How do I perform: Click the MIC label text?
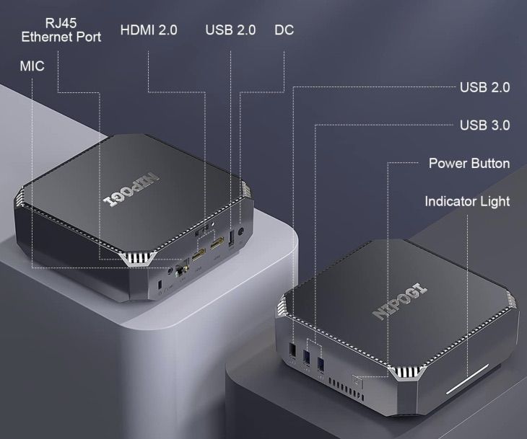coord(32,66)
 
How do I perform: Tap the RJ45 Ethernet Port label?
coord(61,30)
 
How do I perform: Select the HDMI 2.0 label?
coord(149,30)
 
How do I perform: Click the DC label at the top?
coord(284,30)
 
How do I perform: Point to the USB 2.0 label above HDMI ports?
coord(230,30)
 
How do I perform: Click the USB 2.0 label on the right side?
coord(484,87)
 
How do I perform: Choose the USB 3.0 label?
coord(484,125)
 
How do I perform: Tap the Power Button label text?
coord(469,163)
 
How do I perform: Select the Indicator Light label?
coord(467,201)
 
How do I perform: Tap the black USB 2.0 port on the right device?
coord(292,351)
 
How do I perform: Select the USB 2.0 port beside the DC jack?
coord(231,239)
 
